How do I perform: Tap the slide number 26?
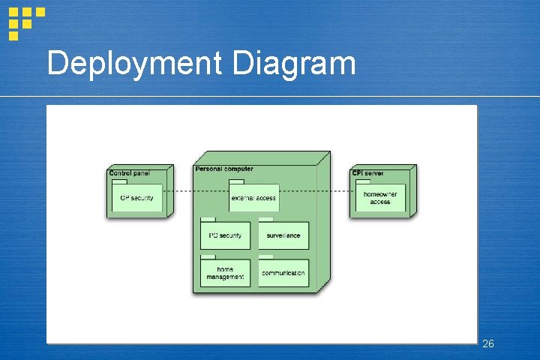488,343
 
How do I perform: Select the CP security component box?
137,198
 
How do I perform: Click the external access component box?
253,198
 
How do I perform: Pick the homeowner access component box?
380,198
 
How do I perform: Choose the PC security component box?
225,235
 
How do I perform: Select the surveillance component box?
283,235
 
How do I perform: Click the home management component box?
225,273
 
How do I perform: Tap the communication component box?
283,273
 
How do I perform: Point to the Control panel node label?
129,173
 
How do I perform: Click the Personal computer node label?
224,169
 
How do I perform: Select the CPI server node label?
367,173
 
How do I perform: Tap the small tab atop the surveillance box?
265,220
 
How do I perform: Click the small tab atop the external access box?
236,181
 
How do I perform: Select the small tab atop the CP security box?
119,181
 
